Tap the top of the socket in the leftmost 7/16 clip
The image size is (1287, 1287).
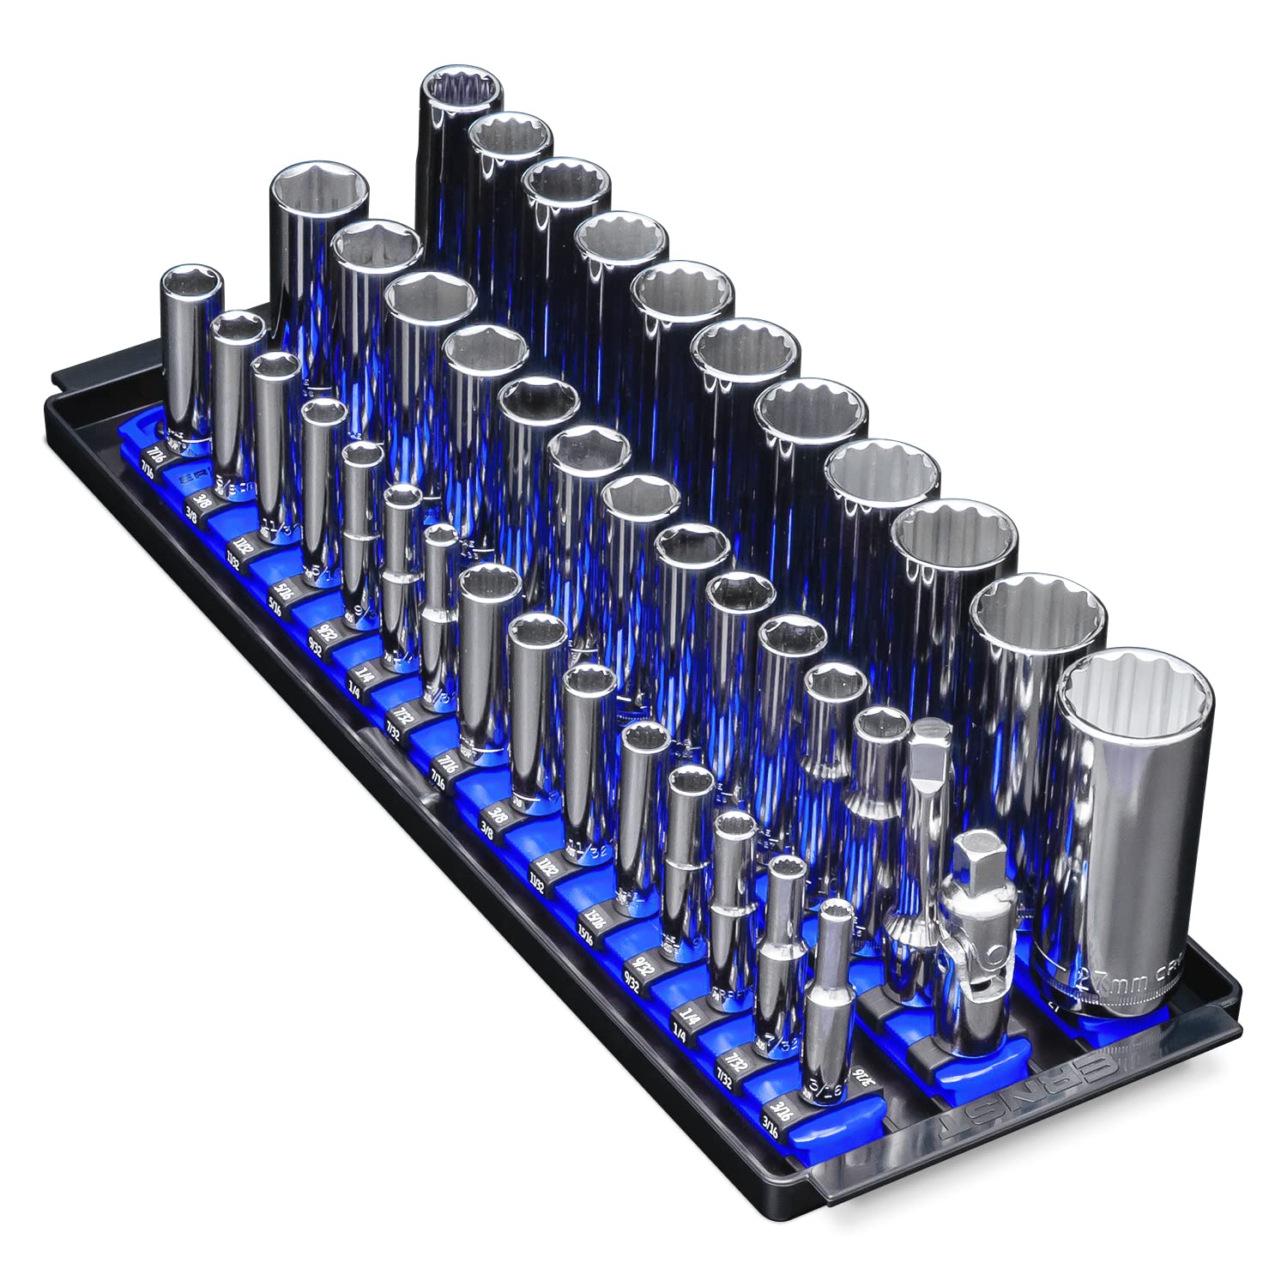click(x=192, y=283)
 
